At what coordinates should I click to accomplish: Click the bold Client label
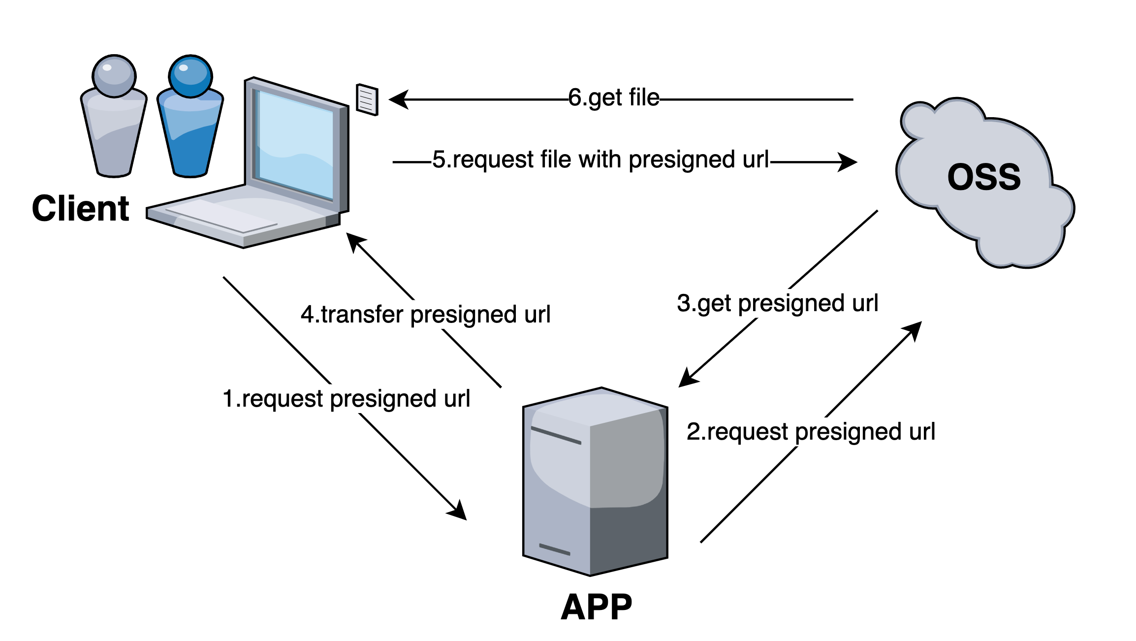80,208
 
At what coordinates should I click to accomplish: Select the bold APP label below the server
596,607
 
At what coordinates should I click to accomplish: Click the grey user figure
114,118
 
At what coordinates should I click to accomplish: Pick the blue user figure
190,118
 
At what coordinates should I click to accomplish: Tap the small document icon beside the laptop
367,100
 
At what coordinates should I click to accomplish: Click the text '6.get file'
613,98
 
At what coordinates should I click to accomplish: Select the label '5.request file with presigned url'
600,160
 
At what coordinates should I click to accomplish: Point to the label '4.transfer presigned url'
425,315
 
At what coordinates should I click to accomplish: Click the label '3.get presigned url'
777,303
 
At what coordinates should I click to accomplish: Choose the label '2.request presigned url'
811,432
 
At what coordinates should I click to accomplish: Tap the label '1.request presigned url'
346,399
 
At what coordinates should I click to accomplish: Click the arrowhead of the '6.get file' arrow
398,99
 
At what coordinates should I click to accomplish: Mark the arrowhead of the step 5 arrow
849,161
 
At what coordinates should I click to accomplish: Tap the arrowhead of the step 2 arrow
914,330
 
